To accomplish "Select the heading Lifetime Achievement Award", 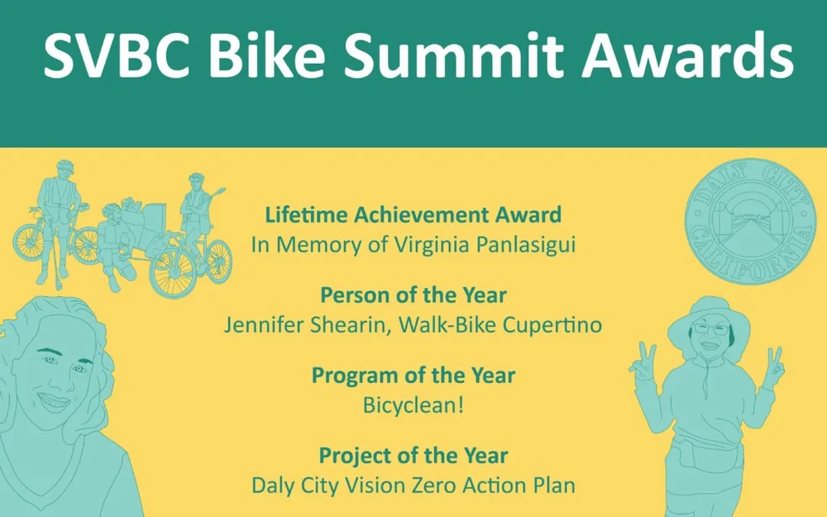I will (x=413, y=215).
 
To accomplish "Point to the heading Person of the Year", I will (x=413, y=295).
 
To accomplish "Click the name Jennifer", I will (x=265, y=325).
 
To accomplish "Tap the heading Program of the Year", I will (x=413, y=376).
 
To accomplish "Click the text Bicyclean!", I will (x=413, y=405).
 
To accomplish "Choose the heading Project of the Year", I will (x=413, y=455).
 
